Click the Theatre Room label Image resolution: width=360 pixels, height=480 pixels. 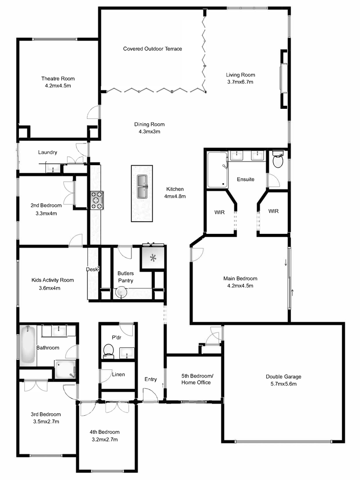(58, 79)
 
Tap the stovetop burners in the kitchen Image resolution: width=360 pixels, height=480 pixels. (97, 200)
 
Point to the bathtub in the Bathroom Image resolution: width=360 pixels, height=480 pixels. (27, 345)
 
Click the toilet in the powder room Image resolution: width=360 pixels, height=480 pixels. (108, 350)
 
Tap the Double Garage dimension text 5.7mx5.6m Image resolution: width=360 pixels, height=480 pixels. (283, 384)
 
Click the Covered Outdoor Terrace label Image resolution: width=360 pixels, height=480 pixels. (153, 49)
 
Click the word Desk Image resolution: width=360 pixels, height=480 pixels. (92, 269)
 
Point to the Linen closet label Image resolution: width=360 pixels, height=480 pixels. (118, 374)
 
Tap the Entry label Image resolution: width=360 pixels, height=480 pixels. (151, 379)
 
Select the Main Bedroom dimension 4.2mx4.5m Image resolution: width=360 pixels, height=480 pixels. (240, 285)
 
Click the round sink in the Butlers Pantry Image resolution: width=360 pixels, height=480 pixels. (120, 292)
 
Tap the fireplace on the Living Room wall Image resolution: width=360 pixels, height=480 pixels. (283, 79)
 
